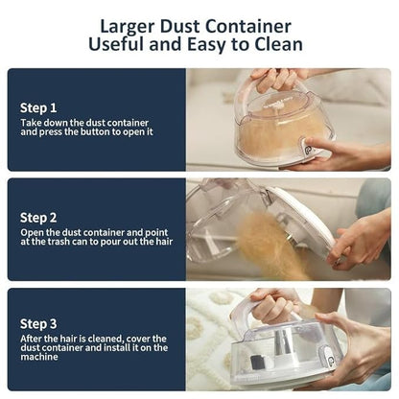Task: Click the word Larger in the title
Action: pos(128,27)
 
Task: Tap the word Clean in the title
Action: pos(278,44)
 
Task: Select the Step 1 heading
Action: pos(38,108)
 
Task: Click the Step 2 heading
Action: pos(38,219)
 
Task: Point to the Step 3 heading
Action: pos(38,324)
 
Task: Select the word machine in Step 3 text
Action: pos(39,357)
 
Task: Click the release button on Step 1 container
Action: pos(309,151)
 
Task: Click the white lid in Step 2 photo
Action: pos(303,218)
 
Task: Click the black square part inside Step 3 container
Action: pos(256,362)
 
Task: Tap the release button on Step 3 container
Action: pos(331,361)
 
